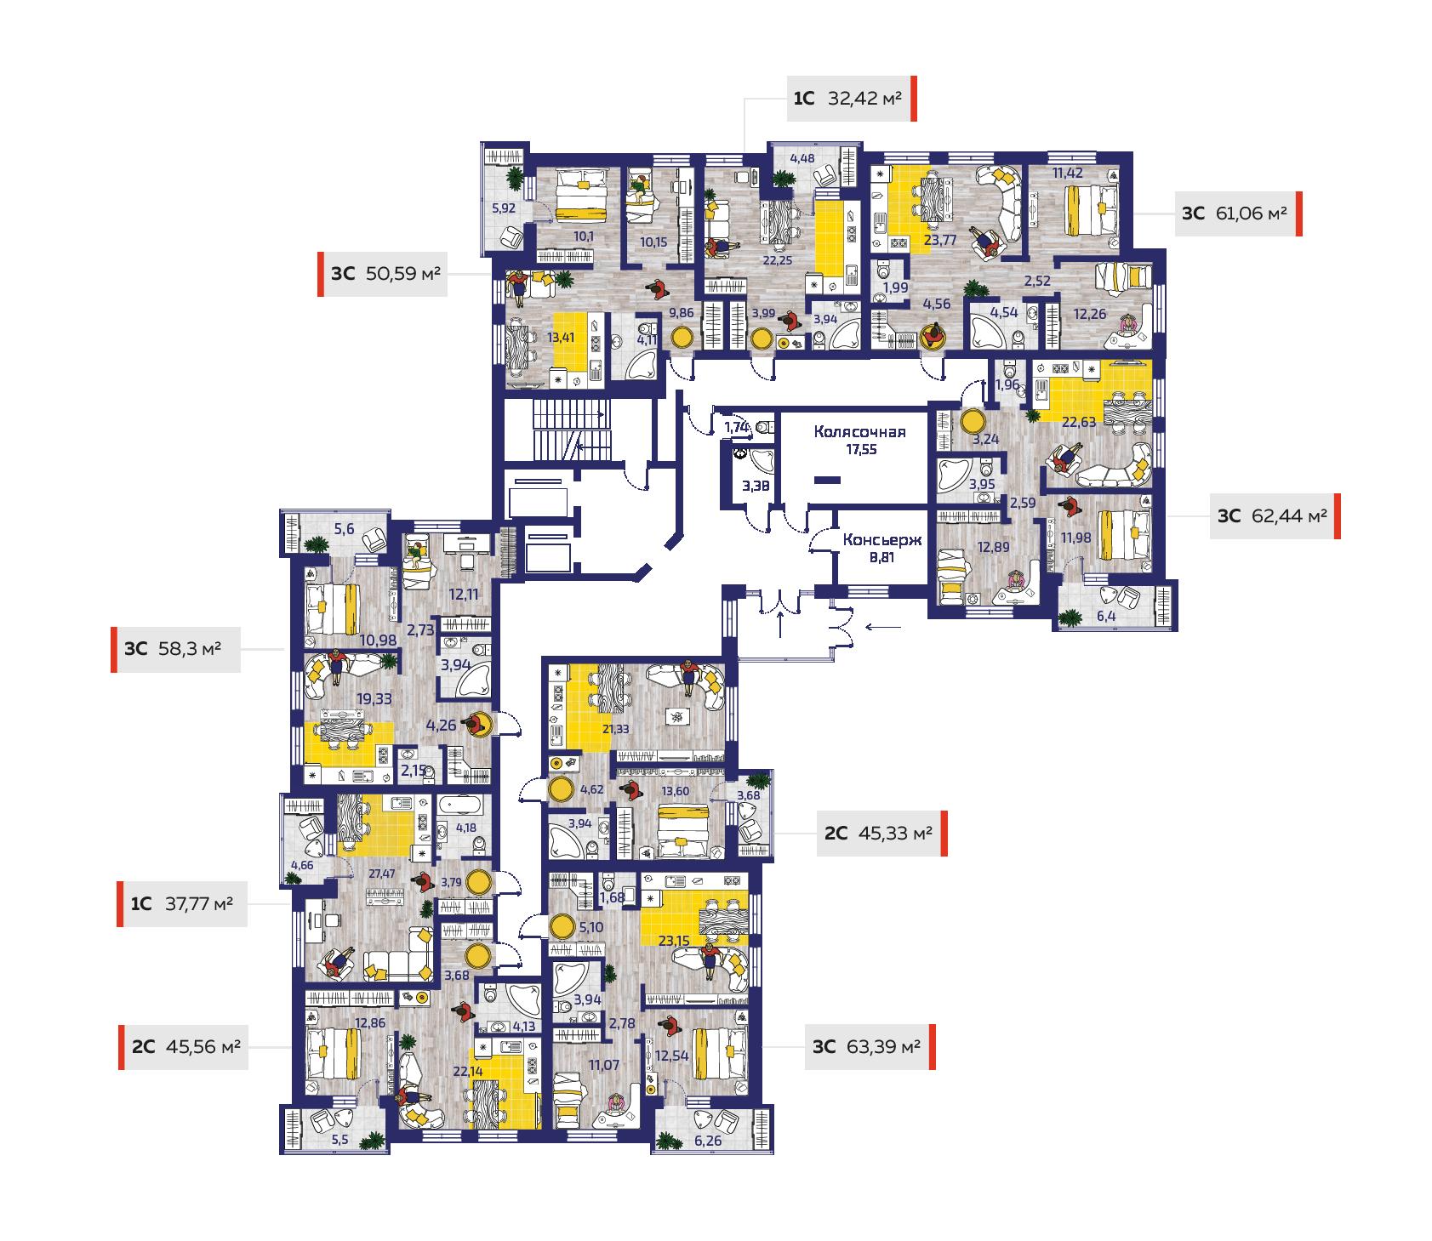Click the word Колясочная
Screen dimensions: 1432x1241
(x=859, y=431)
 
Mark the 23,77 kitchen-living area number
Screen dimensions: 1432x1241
(x=941, y=241)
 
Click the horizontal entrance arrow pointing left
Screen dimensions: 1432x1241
(x=884, y=628)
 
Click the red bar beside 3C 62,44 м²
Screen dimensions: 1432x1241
(x=1337, y=516)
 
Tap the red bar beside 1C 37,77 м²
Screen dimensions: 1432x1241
(x=120, y=904)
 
